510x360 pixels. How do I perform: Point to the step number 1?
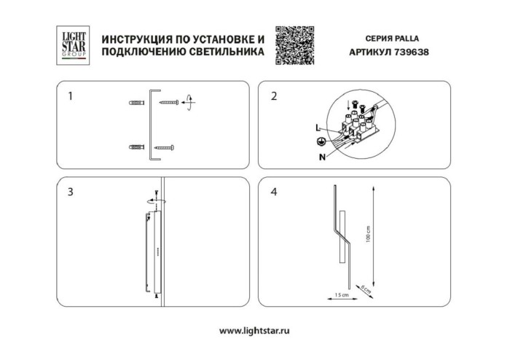pyautogui.click(x=69, y=95)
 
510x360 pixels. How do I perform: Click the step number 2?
pyautogui.click(x=274, y=95)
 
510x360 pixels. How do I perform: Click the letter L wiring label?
pyautogui.click(x=318, y=128)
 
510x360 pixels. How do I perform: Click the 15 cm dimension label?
pyautogui.click(x=339, y=294)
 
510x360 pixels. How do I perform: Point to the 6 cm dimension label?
pyautogui.click(x=365, y=289)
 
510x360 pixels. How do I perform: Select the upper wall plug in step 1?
pyautogui.click(x=136, y=102)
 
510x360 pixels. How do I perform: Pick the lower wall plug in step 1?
pyautogui.click(x=136, y=148)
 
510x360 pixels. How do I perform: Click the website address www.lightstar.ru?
pyautogui.click(x=255, y=331)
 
